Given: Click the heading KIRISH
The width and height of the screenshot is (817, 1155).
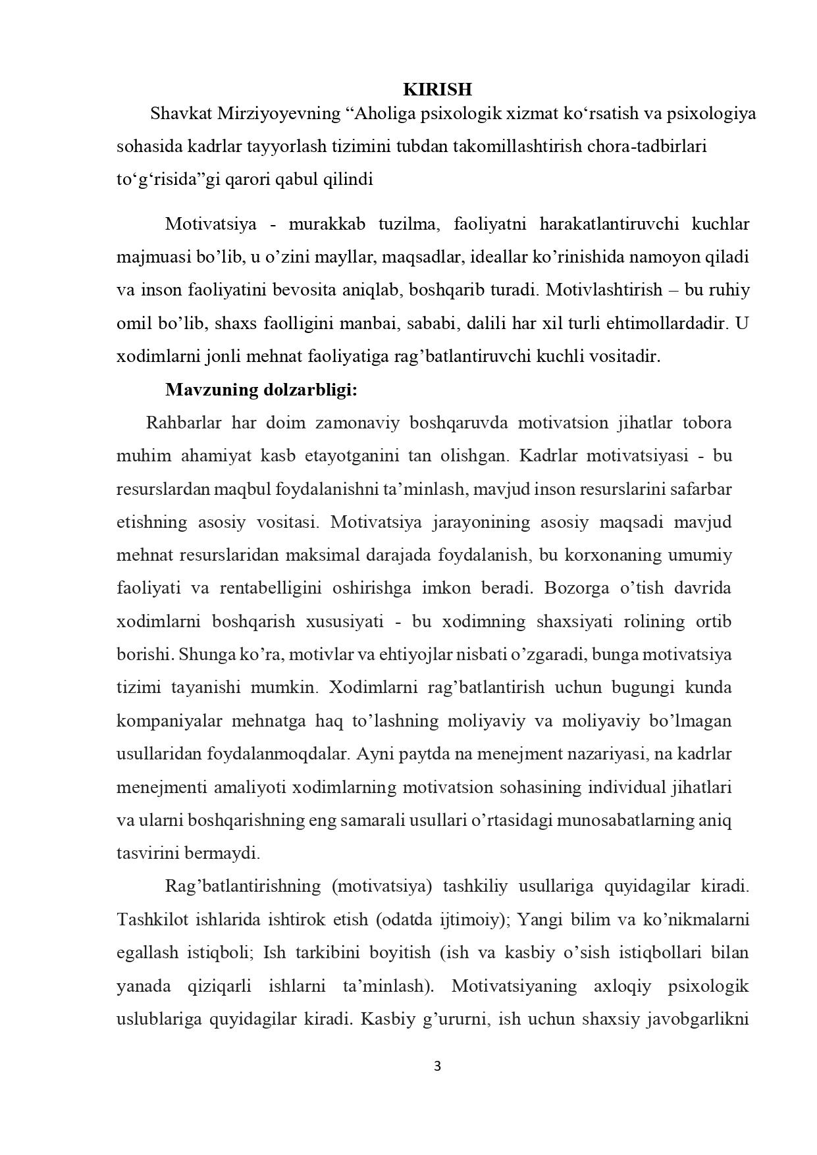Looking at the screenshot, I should point(437,90).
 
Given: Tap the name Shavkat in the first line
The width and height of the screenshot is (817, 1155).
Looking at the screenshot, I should point(178,114).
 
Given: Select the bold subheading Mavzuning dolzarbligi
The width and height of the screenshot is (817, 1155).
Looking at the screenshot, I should point(261,390).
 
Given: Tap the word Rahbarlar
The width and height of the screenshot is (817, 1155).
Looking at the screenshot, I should point(183,423).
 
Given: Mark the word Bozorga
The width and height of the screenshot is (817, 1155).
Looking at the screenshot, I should point(573,588).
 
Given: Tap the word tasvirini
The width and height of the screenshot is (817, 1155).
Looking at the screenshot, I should point(148,854).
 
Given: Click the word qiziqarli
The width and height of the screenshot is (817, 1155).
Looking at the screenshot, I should point(221,986).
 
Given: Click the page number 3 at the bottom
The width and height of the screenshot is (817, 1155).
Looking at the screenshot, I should point(437,1067).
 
